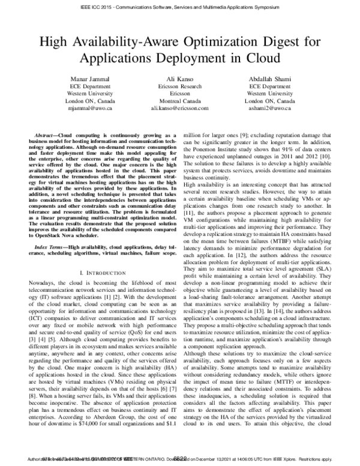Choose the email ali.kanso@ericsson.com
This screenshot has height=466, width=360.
179,109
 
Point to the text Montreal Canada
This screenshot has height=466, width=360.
179,101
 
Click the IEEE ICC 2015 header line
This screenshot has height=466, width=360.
179,9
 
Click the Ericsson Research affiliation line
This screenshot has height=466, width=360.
179,86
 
